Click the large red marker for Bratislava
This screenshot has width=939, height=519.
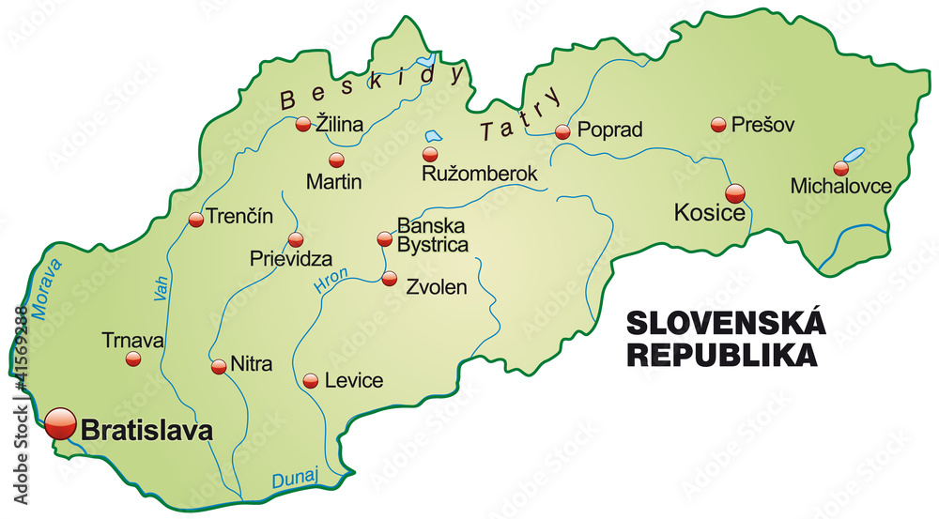[x=61, y=423]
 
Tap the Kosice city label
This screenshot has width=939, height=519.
[x=710, y=213]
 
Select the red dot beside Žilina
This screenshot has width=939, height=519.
[x=303, y=123]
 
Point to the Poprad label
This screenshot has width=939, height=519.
[x=609, y=130]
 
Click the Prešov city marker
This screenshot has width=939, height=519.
[x=719, y=124]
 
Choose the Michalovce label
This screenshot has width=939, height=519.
[x=840, y=186]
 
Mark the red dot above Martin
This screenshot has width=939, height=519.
[x=336, y=160]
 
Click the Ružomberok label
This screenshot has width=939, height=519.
[x=480, y=174]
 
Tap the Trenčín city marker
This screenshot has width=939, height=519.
[x=196, y=220]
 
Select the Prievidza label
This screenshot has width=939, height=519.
[x=290, y=257]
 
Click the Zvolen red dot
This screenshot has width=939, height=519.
[x=390, y=278]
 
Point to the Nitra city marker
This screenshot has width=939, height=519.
[x=219, y=367]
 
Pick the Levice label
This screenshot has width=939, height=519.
[x=353, y=381]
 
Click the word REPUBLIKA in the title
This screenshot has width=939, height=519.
[x=721, y=355]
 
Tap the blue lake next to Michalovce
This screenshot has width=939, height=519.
[x=854, y=155]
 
